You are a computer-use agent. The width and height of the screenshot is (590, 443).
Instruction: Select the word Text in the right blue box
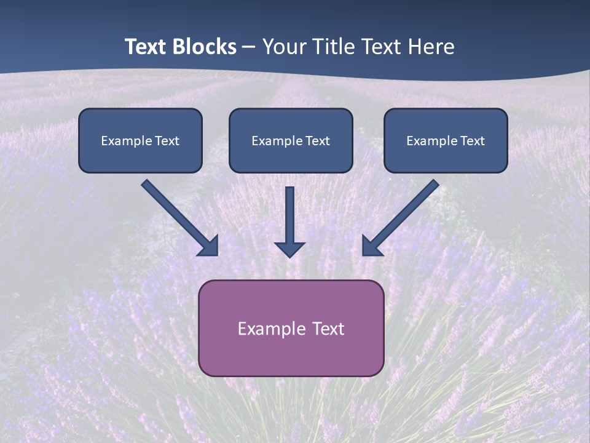472,141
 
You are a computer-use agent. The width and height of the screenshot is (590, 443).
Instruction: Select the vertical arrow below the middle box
289,218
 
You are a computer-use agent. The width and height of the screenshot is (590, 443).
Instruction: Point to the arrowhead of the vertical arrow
289,249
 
